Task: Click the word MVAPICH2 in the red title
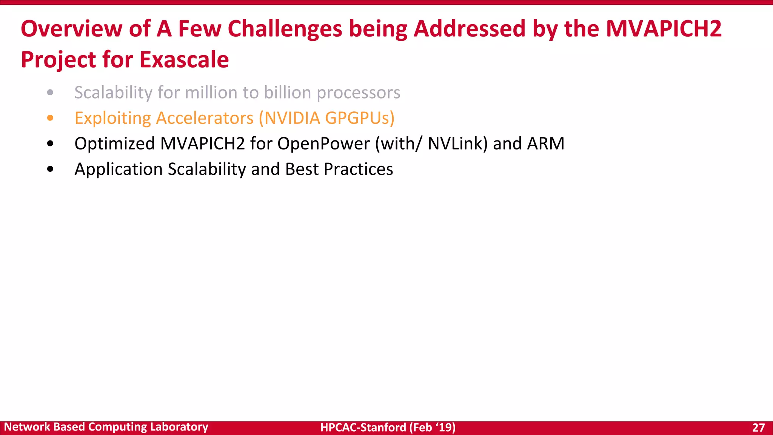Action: point(664,29)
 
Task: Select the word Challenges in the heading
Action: point(285,29)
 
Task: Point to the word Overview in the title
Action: point(72,29)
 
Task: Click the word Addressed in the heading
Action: point(470,29)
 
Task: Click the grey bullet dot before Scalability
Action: point(50,93)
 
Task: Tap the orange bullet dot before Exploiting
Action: point(50,118)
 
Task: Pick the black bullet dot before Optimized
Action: point(50,143)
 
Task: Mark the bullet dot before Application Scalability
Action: point(50,169)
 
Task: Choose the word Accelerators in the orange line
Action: point(205,118)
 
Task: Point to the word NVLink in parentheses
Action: point(455,143)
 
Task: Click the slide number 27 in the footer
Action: point(758,427)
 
